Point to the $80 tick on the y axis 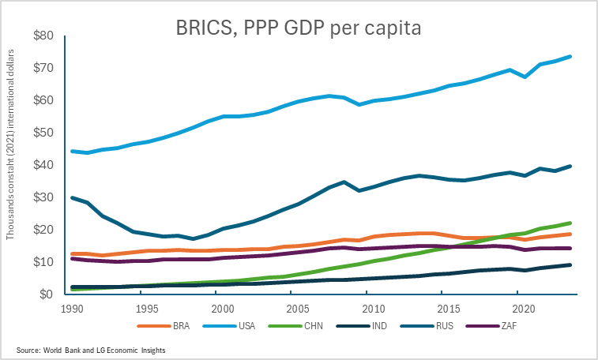coord(43,36)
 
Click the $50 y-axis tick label coord(43,133)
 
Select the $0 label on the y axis coord(46,294)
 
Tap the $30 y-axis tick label coord(43,197)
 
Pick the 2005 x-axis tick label coord(297,308)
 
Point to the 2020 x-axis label coord(521,308)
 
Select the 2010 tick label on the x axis coord(372,308)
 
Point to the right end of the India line coord(570,264)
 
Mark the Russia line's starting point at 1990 coord(72,197)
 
